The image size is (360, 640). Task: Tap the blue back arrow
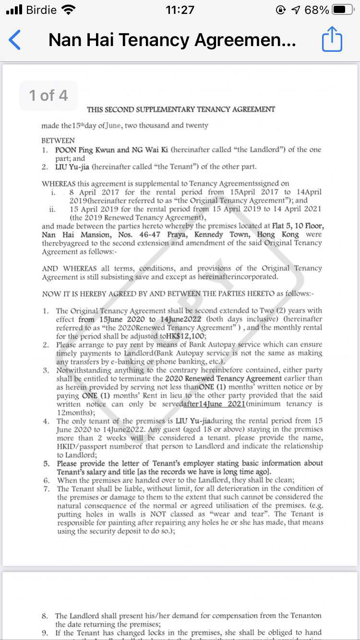coord(15,40)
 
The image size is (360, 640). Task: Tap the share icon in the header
coord(332,39)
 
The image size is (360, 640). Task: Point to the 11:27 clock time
coord(180,10)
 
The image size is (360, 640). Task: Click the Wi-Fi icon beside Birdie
coord(69,10)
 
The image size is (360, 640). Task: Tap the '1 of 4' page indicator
coord(48,95)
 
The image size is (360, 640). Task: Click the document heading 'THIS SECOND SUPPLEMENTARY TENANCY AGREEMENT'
coord(181,109)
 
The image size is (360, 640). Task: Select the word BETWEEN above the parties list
coord(58,141)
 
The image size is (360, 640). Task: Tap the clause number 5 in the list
coord(46,463)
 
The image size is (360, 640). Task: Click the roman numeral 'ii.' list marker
coord(52,209)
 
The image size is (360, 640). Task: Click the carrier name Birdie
coord(42,10)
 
